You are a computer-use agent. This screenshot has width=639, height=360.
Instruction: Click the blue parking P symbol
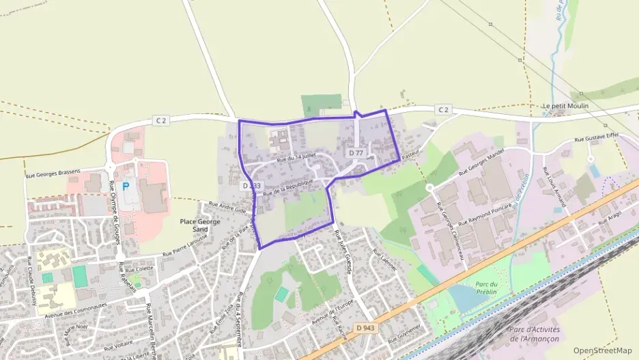click(126, 186)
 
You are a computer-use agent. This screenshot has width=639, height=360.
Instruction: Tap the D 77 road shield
click(356, 154)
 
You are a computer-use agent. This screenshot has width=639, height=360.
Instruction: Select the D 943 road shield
click(366, 329)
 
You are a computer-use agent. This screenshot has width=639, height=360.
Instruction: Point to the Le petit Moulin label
click(565, 107)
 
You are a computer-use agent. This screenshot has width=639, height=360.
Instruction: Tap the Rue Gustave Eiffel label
click(596, 137)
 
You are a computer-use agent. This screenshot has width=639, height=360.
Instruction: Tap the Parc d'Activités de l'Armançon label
click(535, 334)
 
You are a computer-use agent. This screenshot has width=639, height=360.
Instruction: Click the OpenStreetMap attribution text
click(603, 350)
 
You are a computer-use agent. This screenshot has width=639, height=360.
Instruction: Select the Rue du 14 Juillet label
click(298, 158)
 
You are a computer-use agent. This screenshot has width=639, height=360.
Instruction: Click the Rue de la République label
click(287, 187)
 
